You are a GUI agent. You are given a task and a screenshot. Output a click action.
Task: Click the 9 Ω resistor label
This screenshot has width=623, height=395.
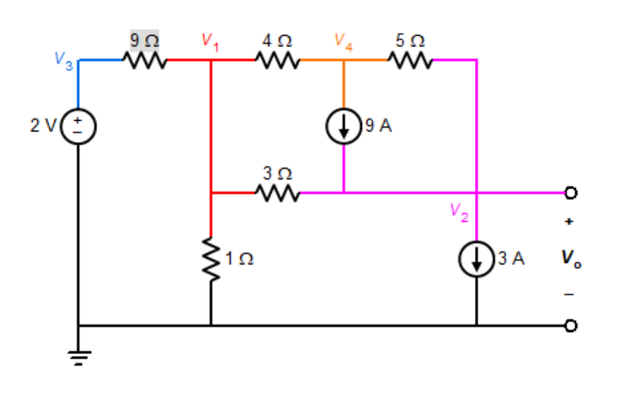pos(144,39)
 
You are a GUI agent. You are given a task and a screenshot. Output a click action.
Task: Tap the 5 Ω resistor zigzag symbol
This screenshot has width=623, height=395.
pos(411,59)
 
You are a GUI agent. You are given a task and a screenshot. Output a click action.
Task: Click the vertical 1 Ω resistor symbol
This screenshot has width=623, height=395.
pos(210,259)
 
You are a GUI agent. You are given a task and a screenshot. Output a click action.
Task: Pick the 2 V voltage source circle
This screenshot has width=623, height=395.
pos(77,126)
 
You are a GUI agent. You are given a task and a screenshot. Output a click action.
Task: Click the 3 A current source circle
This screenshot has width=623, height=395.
pos(477,260)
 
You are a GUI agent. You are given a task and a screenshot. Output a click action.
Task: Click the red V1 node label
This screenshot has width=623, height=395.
pos(210,42)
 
